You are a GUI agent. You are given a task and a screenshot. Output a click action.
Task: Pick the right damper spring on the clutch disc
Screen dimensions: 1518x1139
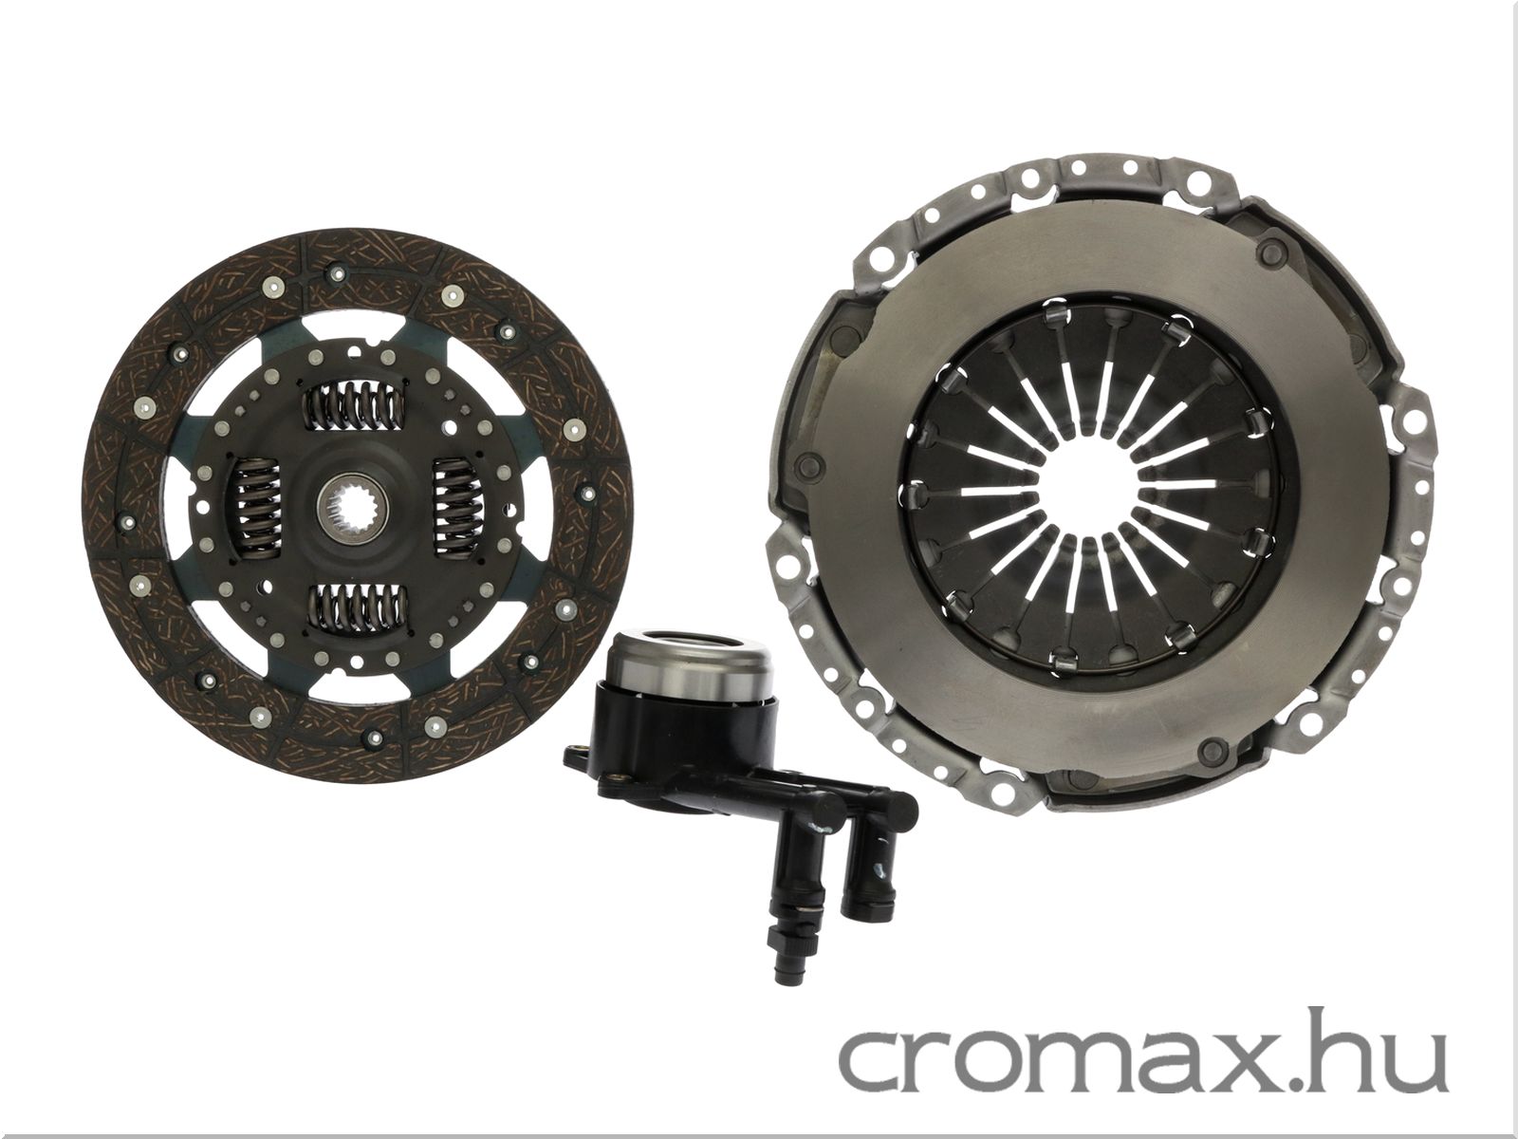pyautogui.click(x=455, y=508)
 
